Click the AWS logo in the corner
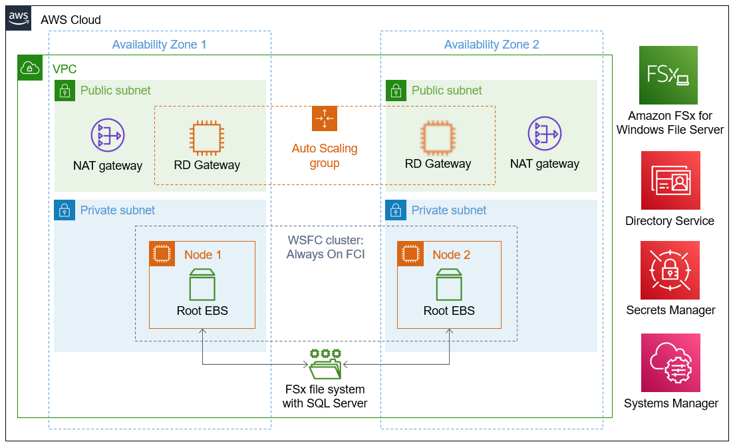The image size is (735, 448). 18,18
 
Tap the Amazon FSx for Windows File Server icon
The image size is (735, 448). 668,75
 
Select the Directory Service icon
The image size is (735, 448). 670,180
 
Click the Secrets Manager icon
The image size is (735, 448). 670,270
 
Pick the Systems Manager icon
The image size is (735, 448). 670,363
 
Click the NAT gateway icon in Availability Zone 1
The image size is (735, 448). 108,135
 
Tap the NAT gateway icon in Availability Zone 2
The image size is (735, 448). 544,134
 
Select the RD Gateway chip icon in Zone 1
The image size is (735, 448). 207,138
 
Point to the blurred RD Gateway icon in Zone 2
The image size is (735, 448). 438,138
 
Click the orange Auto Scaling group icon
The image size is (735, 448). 325,118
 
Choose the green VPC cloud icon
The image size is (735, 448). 30,68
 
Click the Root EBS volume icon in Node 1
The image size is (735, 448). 202,284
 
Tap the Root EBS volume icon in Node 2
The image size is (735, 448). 449,284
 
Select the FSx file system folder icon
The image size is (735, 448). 325,364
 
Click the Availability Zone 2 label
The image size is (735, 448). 492,45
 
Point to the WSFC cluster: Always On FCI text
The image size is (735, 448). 325,247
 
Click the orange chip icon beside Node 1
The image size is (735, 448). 162,254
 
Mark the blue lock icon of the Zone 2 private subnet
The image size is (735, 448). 396,210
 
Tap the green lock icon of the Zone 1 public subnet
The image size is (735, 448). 65,90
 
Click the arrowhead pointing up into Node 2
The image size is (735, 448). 449,332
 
